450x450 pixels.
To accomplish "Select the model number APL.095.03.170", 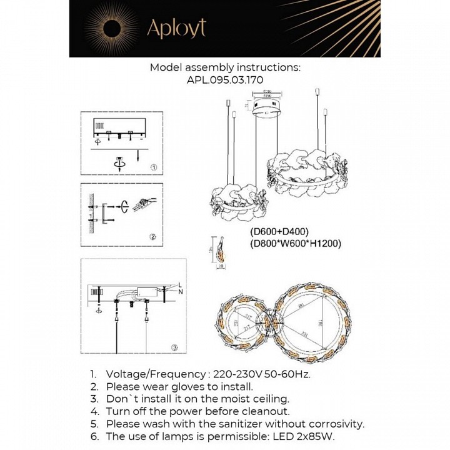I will coord(225,80).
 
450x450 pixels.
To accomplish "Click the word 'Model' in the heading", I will coord(166,67).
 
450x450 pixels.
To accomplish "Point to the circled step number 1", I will coord(154,167).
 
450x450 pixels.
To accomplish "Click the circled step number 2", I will coord(154,237).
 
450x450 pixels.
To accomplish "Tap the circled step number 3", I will coord(175,347).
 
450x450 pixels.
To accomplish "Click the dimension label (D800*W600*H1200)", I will coord(294,244).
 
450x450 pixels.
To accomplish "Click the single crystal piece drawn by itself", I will coord(220,250).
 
